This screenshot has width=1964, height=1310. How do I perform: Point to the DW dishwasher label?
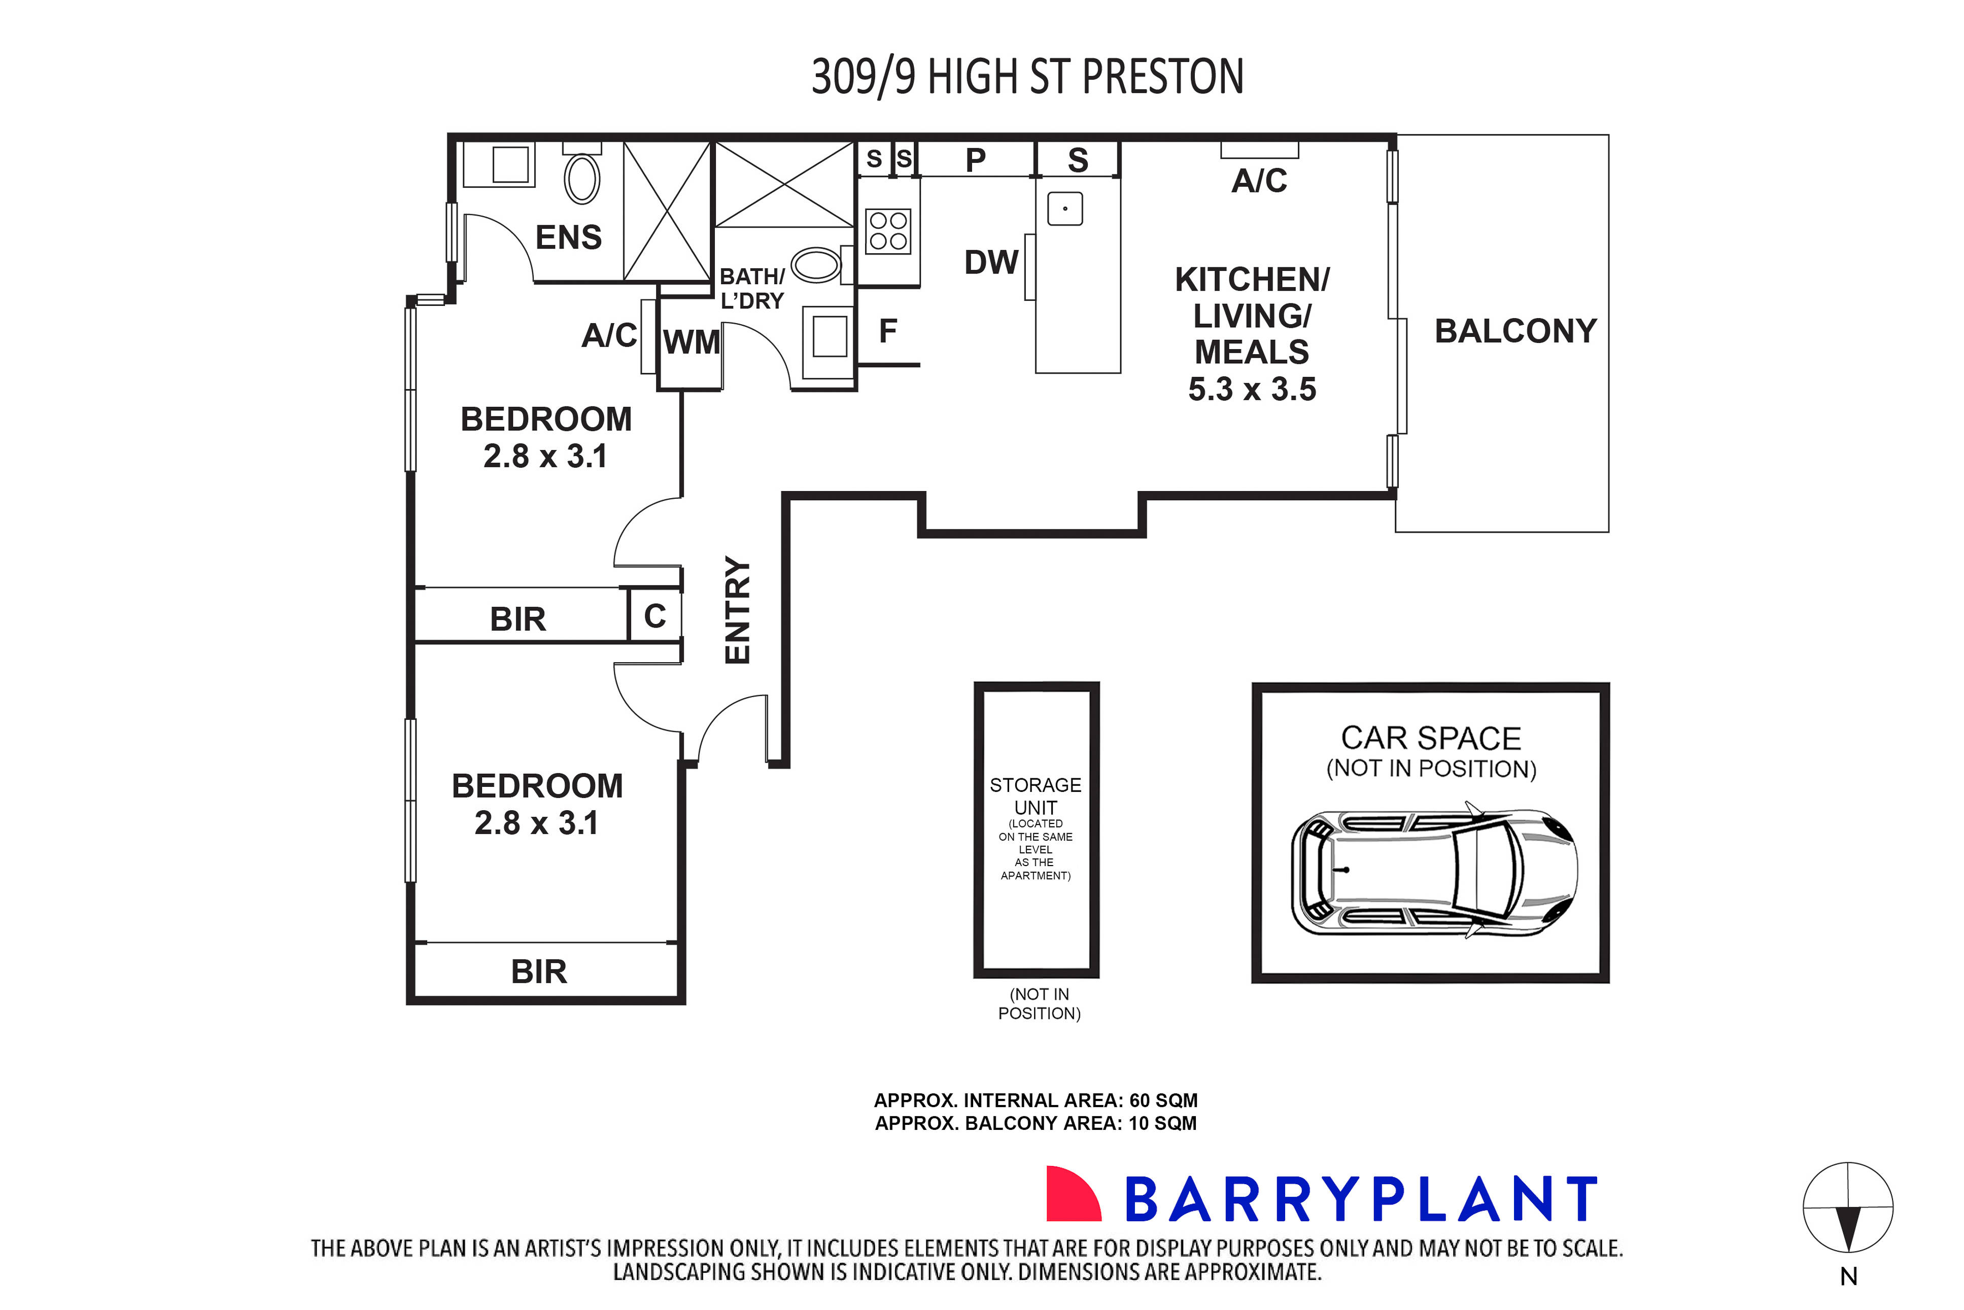[x=991, y=262]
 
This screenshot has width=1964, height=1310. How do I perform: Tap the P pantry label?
[x=975, y=160]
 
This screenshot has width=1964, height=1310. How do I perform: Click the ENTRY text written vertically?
[x=738, y=610]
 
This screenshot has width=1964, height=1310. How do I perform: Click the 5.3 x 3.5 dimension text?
[x=1252, y=389]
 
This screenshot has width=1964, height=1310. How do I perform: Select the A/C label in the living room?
[x=1258, y=181]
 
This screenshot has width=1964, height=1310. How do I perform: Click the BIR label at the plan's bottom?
[x=539, y=972]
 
